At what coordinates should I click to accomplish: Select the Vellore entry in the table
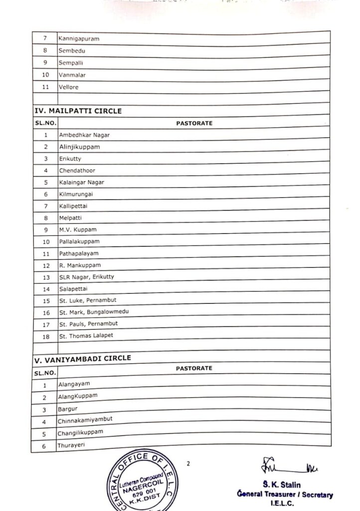tap(69, 87)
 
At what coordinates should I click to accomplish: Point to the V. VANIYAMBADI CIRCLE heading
tap(82, 358)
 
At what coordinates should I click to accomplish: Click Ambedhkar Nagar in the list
tap(84, 135)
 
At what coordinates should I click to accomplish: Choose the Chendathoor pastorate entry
tap(77, 171)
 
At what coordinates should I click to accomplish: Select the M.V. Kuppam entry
tap(77, 230)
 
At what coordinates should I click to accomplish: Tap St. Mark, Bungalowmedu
tap(94, 312)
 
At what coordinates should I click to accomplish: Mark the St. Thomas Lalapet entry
tap(86, 336)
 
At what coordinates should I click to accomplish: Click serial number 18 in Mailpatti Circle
tap(46, 336)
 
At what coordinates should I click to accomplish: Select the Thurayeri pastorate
tap(71, 445)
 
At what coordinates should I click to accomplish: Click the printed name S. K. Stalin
tap(285, 484)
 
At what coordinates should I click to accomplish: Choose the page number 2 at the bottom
tap(188, 464)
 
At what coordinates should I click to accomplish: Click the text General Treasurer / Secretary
tap(285, 495)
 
